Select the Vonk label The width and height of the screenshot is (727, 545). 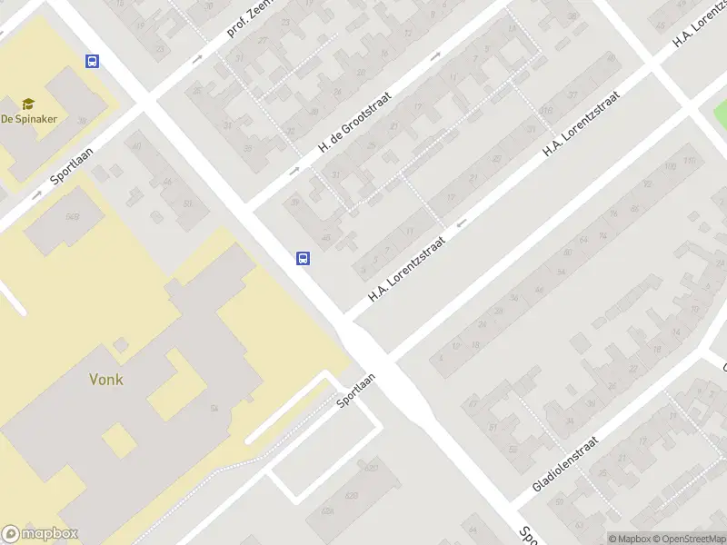(x=106, y=380)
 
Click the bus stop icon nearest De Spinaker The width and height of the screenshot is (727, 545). (x=92, y=61)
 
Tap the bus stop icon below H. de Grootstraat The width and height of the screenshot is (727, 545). (x=304, y=258)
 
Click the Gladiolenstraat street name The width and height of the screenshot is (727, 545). (x=564, y=464)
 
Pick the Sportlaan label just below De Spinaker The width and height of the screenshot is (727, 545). (x=73, y=163)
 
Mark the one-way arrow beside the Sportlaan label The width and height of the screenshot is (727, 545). (x=36, y=193)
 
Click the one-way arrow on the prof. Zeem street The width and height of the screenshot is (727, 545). (x=198, y=59)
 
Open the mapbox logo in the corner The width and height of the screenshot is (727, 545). (x=40, y=534)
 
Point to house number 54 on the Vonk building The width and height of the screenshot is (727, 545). (x=214, y=409)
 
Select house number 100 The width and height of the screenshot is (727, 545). (x=671, y=167)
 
